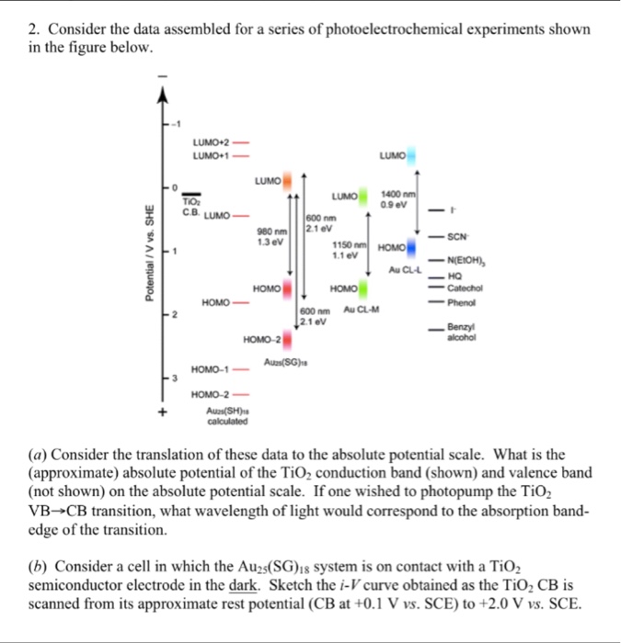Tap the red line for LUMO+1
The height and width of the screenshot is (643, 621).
[241, 156]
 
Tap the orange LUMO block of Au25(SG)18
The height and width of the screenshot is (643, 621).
[288, 181]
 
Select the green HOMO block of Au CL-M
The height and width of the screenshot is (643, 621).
[362, 288]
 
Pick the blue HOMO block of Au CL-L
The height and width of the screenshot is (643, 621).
[410, 247]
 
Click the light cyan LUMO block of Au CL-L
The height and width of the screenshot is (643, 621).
[410, 157]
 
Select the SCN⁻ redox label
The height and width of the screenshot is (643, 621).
[458, 236]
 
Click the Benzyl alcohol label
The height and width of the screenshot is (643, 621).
[461, 333]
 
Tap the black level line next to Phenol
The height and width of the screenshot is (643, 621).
[435, 301]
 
